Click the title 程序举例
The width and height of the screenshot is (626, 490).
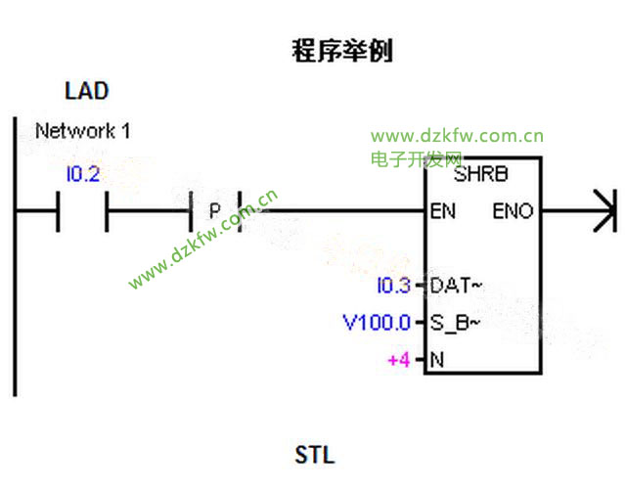click(342, 51)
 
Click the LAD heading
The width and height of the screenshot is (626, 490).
click(86, 92)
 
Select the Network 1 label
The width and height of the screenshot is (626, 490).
click(82, 130)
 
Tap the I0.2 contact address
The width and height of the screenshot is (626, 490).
click(83, 175)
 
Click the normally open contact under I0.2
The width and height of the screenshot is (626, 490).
click(83, 210)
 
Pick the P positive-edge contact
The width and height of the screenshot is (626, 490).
click(214, 210)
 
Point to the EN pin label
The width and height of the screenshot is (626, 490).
click(442, 210)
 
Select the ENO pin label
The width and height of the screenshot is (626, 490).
click(514, 210)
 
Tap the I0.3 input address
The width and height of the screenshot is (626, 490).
click(394, 287)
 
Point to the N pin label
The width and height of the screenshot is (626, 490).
click(437, 360)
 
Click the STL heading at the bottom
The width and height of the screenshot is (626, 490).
click(314, 456)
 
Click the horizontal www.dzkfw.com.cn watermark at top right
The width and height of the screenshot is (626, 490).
click(457, 137)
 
